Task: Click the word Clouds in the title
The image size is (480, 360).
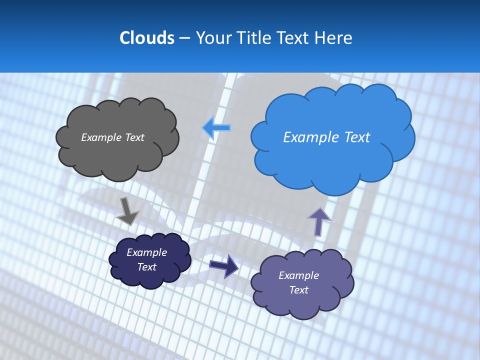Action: tap(147, 38)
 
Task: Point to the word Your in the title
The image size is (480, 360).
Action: tap(214, 38)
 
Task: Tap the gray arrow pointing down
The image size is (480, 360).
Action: tap(127, 211)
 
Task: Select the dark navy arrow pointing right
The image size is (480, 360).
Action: tap(223, 265)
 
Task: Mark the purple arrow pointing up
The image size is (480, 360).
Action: tap(319, 221)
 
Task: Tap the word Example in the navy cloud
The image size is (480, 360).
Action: tap(146, 252)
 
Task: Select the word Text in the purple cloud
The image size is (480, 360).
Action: tap(298, 290)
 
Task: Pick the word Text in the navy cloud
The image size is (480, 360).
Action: tap(146, 267)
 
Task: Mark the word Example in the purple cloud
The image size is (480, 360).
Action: tap(298, 275)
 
